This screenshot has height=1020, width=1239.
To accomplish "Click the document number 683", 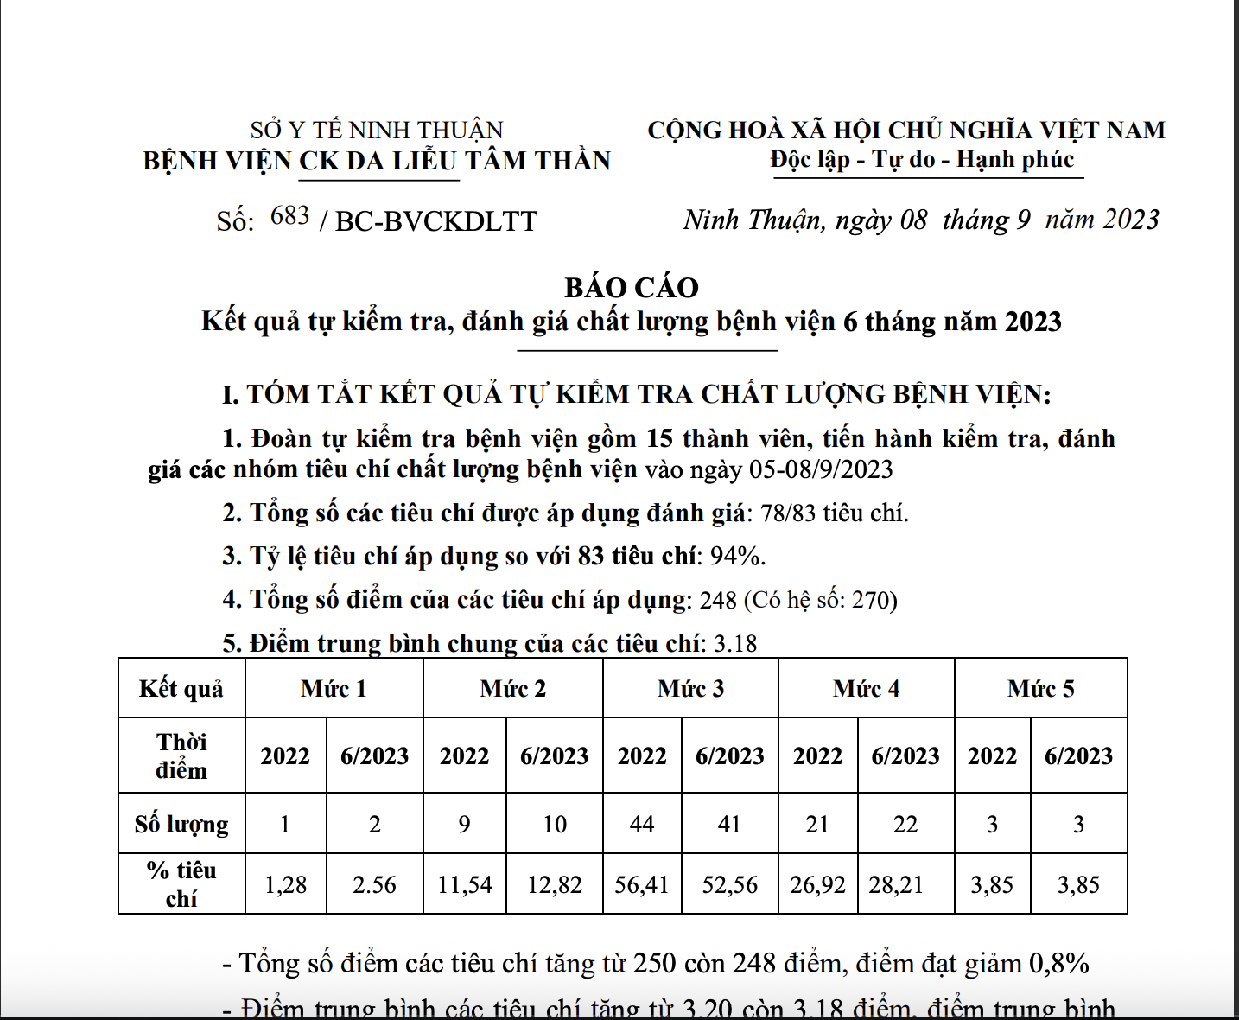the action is click(x=289, y=216).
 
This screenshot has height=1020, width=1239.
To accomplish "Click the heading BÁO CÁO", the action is click(x=632, y=288).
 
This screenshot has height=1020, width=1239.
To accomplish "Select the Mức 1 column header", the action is click(x=334, y=689).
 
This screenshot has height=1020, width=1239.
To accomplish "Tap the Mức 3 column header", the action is click(x=690, y=689).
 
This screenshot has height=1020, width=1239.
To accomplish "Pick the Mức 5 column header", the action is click(x=1040, y=689).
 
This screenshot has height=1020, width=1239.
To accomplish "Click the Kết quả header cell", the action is click(x=181, y=689).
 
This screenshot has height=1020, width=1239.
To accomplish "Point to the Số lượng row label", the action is click(x=181, y=824).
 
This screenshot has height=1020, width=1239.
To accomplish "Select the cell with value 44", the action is click(x=642, y=824).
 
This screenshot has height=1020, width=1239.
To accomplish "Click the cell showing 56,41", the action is click(x=642, y=885).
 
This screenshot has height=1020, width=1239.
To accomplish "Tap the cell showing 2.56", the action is click(x=374, y=885).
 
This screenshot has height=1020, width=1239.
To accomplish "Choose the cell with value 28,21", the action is click(x=896, y=885).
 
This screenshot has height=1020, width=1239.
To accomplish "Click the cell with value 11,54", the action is click(x=465, y=885).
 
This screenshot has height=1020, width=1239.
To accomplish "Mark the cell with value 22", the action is click(x=905, y=824).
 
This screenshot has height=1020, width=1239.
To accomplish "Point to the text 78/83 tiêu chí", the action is click(x=834, y=513).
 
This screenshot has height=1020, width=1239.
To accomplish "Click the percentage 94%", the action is click(x=738, y=557).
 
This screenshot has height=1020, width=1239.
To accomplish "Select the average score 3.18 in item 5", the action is click(x=735, y=644).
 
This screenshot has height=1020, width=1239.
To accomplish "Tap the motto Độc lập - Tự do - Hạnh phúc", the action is click(x=922, y=160).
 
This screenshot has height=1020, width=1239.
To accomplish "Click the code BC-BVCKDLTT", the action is click(x=436, y=222).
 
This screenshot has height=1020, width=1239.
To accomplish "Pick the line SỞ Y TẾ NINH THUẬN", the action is click(x=377, y=131).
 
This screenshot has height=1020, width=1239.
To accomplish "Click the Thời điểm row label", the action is click(x=181, y=755).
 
